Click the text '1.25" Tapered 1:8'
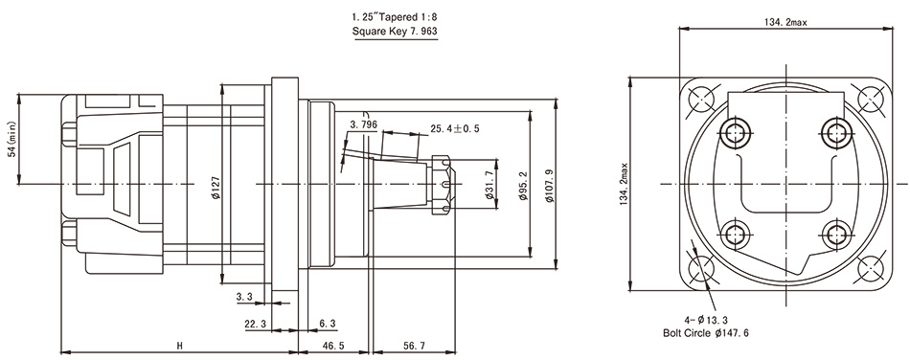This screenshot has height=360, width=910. coord(395,17)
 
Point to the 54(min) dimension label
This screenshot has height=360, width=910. coord(12,140)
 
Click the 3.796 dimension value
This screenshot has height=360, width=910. coord(364,124)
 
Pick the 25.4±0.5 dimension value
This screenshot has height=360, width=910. coord(454,128)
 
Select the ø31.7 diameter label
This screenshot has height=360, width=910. coord(489,184)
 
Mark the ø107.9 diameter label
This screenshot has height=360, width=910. coord(550,184)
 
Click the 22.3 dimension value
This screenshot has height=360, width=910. coord(255,325)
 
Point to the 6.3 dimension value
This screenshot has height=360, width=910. coord(327,325)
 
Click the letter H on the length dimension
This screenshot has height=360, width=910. coord(179,346)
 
